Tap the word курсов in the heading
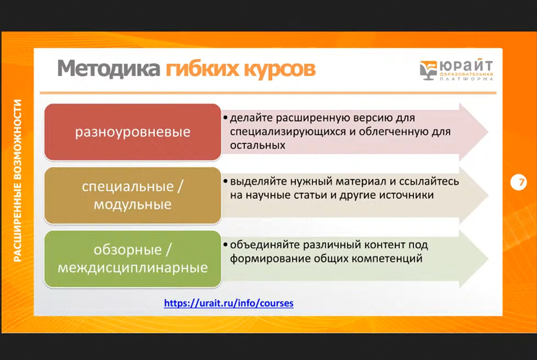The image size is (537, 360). point(278,69)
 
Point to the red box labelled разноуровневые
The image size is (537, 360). point(132,132)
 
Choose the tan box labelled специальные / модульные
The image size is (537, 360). point(132,195)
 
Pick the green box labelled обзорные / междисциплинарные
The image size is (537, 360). point(132,259)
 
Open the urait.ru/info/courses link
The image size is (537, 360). point(229,303)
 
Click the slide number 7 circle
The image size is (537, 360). point(519,183)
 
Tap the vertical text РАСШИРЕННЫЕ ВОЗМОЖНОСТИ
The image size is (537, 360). point(18,180)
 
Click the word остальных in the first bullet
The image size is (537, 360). point(257,145)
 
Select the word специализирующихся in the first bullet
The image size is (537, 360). point(287,132)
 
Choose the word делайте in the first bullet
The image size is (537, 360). point(248,118)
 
